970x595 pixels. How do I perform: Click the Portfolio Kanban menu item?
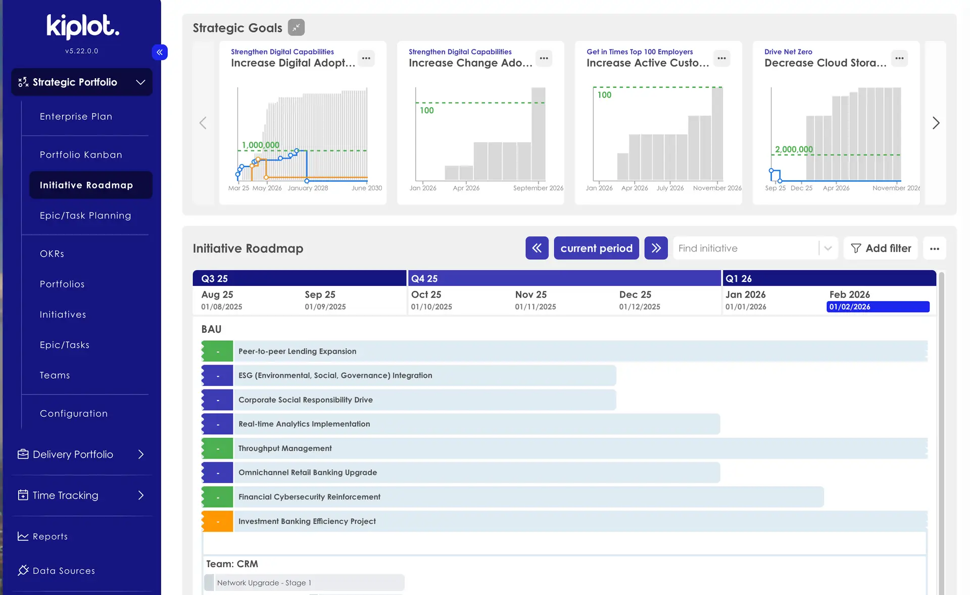pos(81,155)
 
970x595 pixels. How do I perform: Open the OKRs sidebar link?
pos(52,254)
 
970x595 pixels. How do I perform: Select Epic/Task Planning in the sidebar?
pos(85,215)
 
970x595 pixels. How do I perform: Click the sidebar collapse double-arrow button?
pos(160,52)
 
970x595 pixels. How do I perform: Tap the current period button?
pos(596,248)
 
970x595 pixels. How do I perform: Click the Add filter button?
pos(881,248)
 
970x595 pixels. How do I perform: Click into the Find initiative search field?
pos(745,248)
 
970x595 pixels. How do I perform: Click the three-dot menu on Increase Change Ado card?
pos(544,58)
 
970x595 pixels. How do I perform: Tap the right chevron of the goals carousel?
pos(936,123)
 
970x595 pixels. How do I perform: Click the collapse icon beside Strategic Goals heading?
pos(296,27)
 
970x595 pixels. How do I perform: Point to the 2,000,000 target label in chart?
pos(794,149)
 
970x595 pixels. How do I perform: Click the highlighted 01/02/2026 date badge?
pos(878,307)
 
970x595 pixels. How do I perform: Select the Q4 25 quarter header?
pos(424,278)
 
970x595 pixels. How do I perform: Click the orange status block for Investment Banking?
pos(217,521)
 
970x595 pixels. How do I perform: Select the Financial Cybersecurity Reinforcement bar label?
pos(309,497)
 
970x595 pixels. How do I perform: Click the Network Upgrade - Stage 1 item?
pos(264,582)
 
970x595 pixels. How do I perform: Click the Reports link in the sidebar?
pos(50,536)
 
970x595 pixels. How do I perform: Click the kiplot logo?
pos(82,26)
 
